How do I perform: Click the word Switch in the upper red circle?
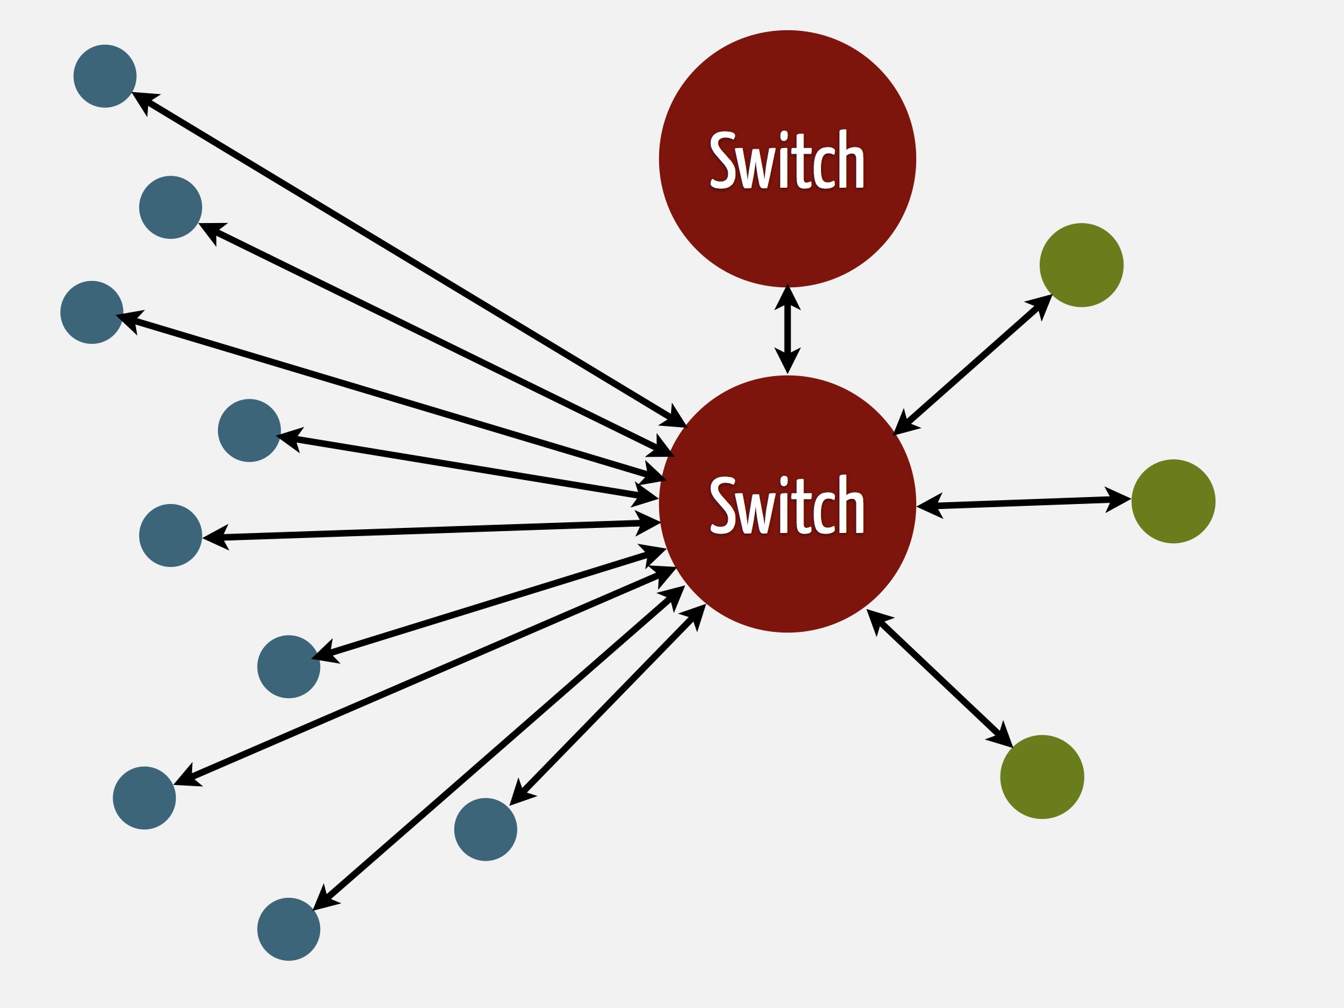(x=787, y=160)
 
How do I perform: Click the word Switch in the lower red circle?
(x=787, y=505)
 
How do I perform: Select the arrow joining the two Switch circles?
(x=788, y=329)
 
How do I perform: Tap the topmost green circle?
(x=1081, y=265)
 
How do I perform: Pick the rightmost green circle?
(x=1173, y=501)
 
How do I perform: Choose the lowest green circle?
(x=1042, y=777)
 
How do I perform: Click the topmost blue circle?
(x=105, y=76)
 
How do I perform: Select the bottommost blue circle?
(x=289, y=929)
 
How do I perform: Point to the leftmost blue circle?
(x=92, y=312)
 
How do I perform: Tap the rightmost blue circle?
(x=486, y=830)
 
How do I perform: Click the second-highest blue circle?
(x=171, y=207)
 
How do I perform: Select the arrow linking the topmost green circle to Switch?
(x=973, y=365)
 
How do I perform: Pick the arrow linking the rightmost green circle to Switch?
(x=1024, y=503)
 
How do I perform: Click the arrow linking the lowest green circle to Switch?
(x=939, y=679)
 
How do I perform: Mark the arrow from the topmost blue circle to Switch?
(x=408, y=260)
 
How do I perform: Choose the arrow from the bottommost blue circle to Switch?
(x=499, y=748)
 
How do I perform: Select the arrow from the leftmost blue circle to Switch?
(x=391, y=396)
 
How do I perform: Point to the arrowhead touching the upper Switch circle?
(x=788, y=297)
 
